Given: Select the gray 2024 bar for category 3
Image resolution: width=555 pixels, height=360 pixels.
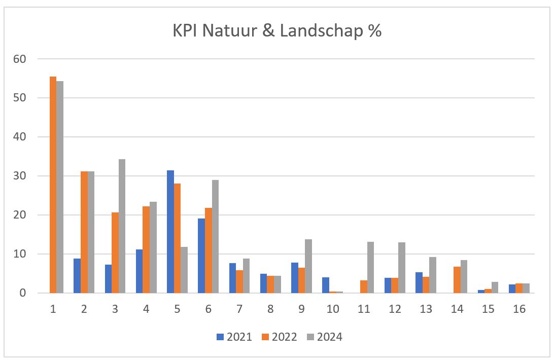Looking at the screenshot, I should tap(122, 226).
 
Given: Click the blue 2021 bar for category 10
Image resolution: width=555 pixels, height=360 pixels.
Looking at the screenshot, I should tap(325, 285).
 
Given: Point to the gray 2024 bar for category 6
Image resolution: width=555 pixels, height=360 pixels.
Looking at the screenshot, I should tap(215, 236).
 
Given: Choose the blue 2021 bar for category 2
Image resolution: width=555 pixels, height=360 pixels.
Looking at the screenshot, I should tap(77, 276).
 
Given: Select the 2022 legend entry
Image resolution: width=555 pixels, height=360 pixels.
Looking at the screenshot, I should tap(280, 337).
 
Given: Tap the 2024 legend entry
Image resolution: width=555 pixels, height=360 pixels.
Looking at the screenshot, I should tap(325, 337).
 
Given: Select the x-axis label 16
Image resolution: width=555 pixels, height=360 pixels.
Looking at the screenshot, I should tap(519, 309).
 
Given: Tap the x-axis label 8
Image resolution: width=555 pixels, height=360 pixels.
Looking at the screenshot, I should tap(270, 309).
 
